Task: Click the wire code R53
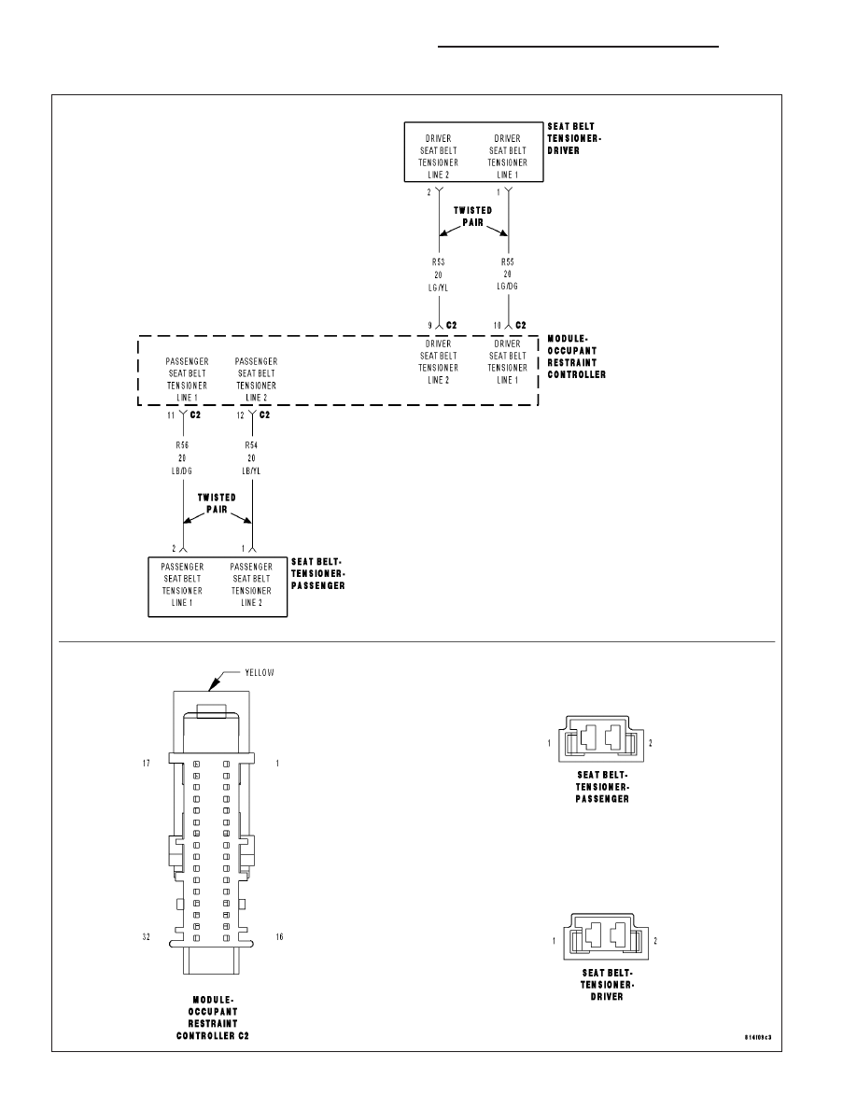(x=439, y=262)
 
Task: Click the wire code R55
(x=508, y=261)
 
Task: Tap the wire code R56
(x=182, y=445)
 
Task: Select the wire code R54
(x=251, y=445)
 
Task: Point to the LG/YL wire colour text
(x=439, y=288)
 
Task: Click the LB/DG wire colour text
(x=182, y=471)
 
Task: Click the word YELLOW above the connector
(x=260, y=673)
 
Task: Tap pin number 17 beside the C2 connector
(x=147, y=764)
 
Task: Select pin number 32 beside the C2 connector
(x=147, y=937)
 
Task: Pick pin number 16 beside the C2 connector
(x=279, y=937)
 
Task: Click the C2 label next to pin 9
(x=452, y=326)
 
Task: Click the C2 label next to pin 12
(x=264, y=415)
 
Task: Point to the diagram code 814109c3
(x=758, y=1038)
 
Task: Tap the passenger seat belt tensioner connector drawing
(x=601, y=738)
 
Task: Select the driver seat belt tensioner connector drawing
(x=605, y=936)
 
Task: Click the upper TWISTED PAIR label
(x=473, y=217)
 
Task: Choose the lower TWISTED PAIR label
(x=217, y=503)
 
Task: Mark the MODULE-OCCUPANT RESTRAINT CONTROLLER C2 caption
(x=213, y=1018)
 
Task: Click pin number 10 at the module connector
(x=497, y=326)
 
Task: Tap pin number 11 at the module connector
(x=171, y=415)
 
